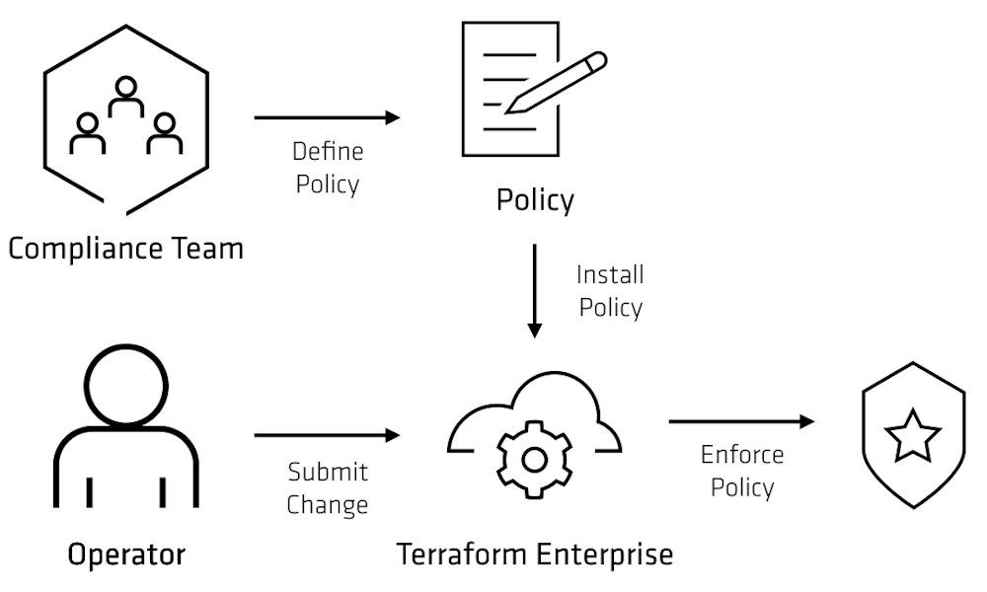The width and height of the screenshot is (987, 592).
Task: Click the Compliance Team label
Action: point(125,248)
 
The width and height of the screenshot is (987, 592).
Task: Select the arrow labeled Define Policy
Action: point(327,117)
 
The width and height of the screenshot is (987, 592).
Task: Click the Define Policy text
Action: point(328,168)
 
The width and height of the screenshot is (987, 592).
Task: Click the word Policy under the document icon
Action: point(534,201)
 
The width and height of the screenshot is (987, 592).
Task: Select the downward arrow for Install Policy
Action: point(534,290)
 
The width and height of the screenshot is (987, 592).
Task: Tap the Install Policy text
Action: point(610,290)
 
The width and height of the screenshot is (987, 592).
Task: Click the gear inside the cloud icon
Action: point(534,459)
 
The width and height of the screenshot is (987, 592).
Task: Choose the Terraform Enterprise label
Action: point(534,555)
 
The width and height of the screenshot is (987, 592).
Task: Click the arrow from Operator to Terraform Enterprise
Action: point(327,435)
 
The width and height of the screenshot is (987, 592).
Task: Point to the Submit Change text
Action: point(328,488)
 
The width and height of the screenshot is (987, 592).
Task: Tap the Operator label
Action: point(125,555)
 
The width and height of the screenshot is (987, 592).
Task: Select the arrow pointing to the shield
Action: point(741,422)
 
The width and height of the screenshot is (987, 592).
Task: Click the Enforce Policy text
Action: point(742,471)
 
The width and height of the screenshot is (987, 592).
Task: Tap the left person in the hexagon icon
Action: point(88,134)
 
